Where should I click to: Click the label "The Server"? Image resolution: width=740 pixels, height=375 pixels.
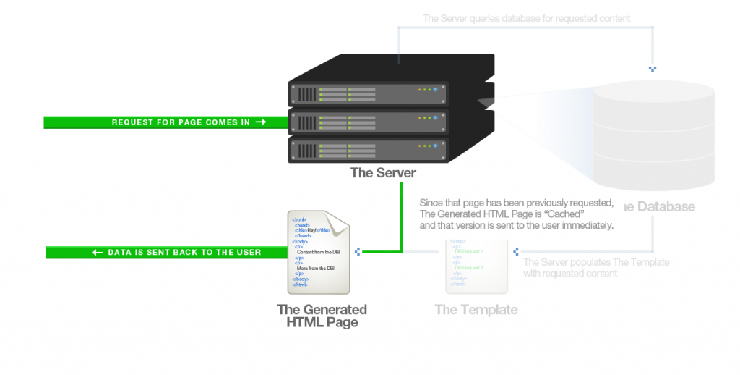(383, 172)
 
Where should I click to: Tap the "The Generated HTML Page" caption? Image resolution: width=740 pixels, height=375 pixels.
(322, 316)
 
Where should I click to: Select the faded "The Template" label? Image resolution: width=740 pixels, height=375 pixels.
(476, 310)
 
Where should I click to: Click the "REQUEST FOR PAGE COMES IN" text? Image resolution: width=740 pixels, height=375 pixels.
(181, 122)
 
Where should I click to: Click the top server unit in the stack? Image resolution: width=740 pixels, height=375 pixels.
(369, 93)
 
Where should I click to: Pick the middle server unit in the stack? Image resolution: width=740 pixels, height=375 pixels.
(369, 121)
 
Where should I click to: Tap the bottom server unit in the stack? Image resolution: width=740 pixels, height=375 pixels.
(369, 149)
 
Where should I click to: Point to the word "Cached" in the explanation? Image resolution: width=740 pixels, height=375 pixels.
(563, 214)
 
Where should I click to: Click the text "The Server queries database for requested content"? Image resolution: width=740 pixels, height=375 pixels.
(526, 18)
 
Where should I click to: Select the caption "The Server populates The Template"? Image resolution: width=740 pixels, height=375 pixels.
(596, 262)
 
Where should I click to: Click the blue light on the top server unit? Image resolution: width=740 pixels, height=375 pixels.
(437, 90)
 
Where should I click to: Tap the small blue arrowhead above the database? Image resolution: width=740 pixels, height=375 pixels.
(653, 69)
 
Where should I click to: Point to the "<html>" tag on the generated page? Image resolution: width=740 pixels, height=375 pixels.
(298, 219)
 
